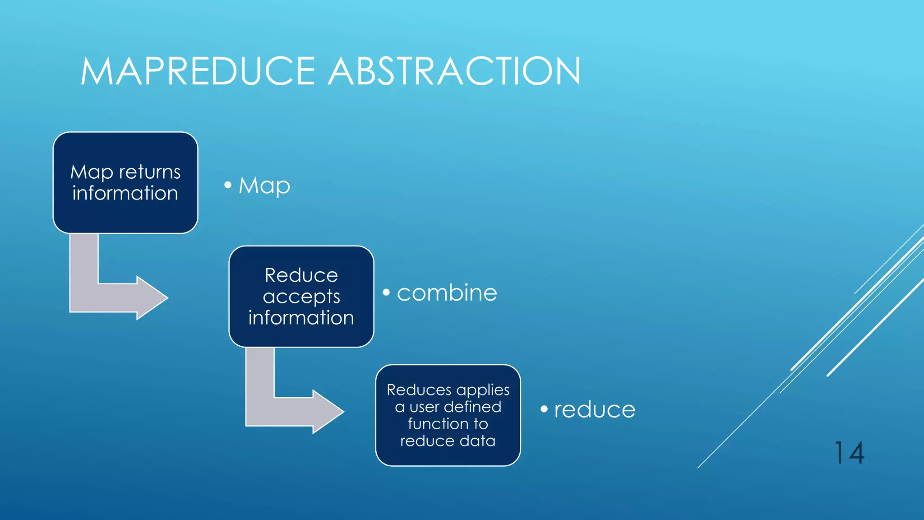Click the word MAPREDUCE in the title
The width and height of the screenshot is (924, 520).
[198, 71]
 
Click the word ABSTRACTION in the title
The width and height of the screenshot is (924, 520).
[454, 71]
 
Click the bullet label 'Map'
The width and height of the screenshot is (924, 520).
[264, 186]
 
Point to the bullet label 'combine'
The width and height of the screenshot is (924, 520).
[447, 293]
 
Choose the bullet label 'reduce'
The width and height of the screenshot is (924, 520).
[595, 409]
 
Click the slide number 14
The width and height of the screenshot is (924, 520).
[849, 453]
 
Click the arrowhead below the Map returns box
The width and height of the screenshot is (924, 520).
[152, 298]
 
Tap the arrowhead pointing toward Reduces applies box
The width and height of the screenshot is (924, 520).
[328, 412]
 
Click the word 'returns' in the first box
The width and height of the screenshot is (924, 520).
[150, 172]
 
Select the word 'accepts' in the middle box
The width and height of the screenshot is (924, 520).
[301, 297]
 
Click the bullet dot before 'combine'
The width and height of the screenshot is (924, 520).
[386, 292]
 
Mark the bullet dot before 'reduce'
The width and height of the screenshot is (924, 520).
[544, 409]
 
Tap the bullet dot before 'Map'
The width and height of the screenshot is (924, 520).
[228, 185]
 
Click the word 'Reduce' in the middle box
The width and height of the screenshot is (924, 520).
[301, 275]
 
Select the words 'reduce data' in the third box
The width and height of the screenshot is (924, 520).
[448, 441]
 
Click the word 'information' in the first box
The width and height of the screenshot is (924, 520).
[125, 193]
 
